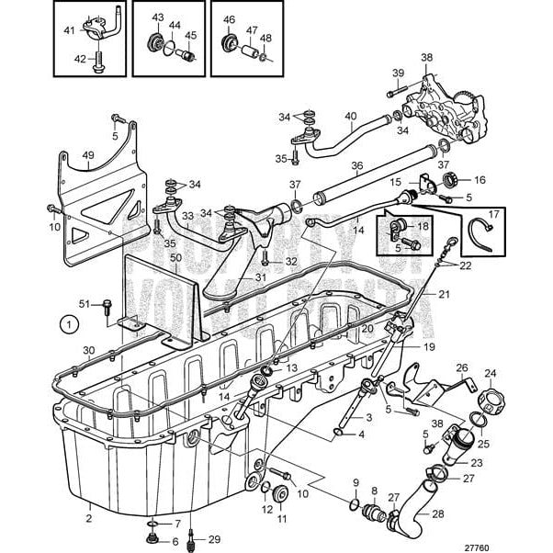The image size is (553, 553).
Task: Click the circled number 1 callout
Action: coord(67,322)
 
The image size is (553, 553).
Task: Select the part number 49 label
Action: coord(88,155)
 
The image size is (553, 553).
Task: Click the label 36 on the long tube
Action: coord(357,164)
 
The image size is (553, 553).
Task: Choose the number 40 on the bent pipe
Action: coord(350,117)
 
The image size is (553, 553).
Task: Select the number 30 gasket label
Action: coord(88,349)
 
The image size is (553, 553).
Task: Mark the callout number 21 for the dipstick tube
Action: coord(444,294)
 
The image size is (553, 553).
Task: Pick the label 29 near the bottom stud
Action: coord(214,538)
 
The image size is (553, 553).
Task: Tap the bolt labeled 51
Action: coord(108,304)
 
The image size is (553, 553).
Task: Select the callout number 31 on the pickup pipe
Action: coord(260,278)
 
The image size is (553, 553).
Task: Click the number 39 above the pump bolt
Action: coord(398,73)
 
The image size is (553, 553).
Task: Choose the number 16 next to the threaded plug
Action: coord(479,179)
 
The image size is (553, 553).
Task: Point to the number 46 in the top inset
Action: coord(230,18)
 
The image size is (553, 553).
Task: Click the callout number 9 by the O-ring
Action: coord(355,482)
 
